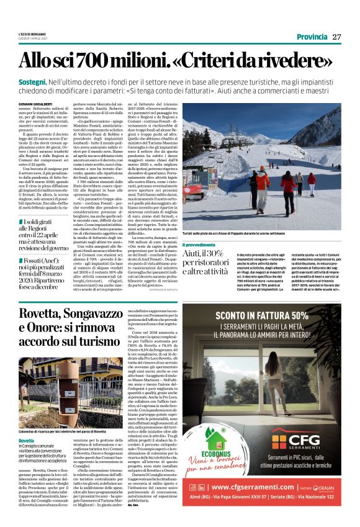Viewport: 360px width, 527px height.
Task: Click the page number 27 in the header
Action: coord(336,37)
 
